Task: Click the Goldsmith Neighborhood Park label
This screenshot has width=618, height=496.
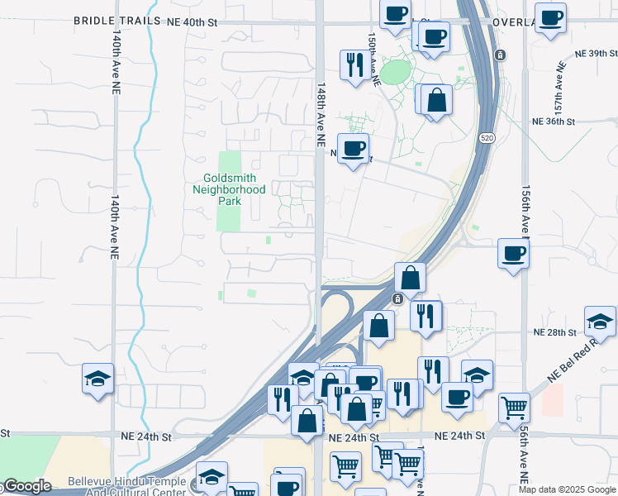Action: tap(235, 189)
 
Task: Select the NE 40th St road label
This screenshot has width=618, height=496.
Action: tap(191, 22)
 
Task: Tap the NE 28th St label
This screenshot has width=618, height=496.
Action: tap(554, 331)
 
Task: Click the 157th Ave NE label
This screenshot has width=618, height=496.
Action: tap(559, 84)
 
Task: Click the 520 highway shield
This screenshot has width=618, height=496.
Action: tap(488, 138)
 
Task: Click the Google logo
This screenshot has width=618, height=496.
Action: tap(26, 486)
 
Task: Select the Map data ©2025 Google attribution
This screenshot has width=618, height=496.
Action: tap(567, 489)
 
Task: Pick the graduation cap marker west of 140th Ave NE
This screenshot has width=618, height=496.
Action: tap(98, 379)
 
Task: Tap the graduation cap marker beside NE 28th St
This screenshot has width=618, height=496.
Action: tap(600, 322)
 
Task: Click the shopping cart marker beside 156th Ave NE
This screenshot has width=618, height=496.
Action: tap(514, 407)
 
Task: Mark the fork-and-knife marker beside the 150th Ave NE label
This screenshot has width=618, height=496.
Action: tap(355, 64)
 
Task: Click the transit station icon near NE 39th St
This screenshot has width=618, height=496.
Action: tap(500, 55)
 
